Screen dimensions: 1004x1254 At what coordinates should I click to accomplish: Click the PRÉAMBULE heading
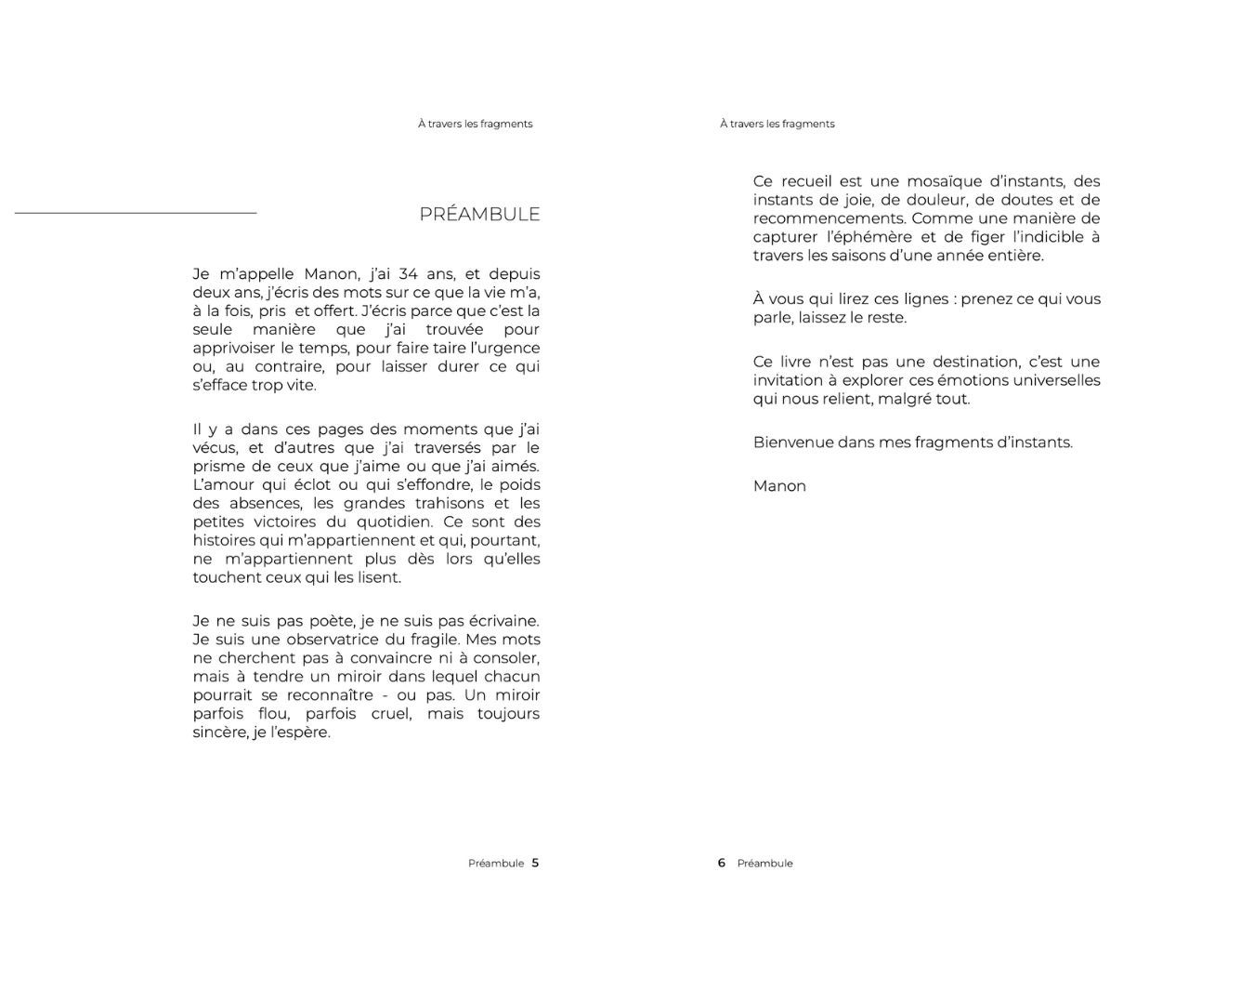pos(479,214)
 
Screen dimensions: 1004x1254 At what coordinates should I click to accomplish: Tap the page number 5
pos(535,863)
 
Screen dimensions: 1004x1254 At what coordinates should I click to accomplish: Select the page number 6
pos(721,863)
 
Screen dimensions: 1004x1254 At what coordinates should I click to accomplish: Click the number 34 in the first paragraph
pos(409,274)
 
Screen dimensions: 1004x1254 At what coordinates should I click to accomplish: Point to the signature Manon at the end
pos(779,486)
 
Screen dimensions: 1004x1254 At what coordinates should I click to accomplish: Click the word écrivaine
pos(502,621)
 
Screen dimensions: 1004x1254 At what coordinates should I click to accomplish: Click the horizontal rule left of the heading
pos(136,214)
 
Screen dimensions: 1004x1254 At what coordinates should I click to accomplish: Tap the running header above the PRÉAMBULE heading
pos(475,124)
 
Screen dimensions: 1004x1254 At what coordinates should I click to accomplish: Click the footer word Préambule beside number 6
pos(764,864)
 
